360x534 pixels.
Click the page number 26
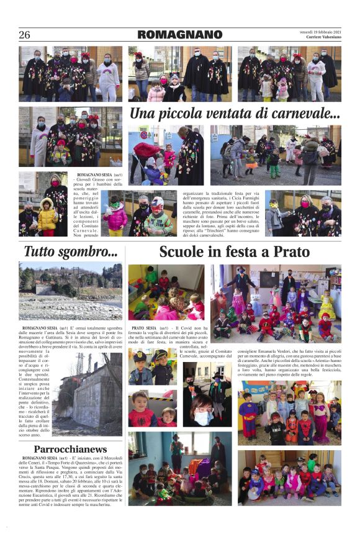(24, 35)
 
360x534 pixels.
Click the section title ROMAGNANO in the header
(179, 35)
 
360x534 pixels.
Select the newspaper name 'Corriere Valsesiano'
(321, 38)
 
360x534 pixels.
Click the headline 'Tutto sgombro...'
(70, 251)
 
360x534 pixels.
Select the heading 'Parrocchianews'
(70, 448)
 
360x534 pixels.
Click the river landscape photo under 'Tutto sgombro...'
(70, 290)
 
